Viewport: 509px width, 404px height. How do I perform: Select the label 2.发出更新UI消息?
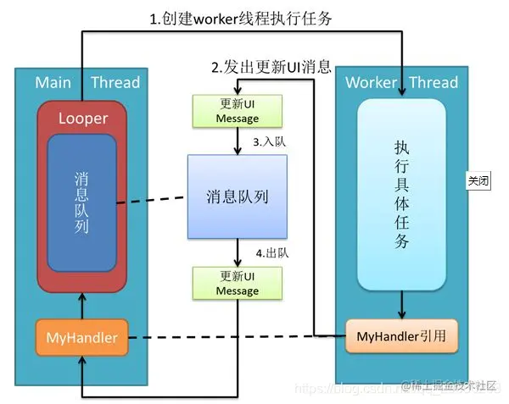click(271, 66)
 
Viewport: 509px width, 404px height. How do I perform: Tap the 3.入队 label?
click(269, 142)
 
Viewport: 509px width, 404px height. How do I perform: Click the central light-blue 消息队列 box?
click(238, 197)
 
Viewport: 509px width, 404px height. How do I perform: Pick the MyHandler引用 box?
click(401, 337)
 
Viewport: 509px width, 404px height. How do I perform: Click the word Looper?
click(83, 119)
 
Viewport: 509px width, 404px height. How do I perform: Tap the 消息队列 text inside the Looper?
click(82, 203)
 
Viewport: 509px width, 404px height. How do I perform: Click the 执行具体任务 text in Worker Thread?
click(402, 194)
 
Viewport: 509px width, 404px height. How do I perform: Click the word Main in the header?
click(53, 82)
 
